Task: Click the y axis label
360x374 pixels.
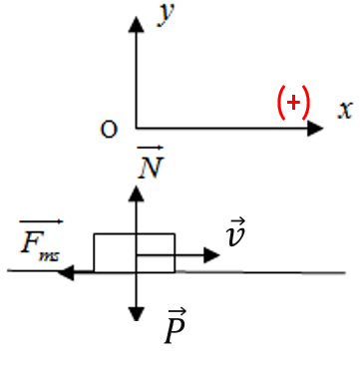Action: (x=167, y=15)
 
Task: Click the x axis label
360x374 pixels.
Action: (x=345, y=109)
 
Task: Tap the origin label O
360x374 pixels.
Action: (x=109, y=130)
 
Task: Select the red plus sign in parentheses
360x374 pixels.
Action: (x=293, y=103)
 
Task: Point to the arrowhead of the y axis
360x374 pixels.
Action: (x=136, y=24)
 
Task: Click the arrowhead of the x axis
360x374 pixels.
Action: (x=315, y=129)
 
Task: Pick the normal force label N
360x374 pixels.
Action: (x=151, y=167)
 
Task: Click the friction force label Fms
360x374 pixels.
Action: (x=40, y=245)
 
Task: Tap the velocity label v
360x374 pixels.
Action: (x=235, y=236)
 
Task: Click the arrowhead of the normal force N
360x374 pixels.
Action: (x=136, y=193)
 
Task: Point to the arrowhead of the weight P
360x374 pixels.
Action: (x=136, y=314)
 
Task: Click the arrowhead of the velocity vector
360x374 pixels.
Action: (x=211, y=255)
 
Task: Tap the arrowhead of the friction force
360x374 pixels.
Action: (x=66, y=272)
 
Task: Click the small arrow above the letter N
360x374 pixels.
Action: (x=151, y=148)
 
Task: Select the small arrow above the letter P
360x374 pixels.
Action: (x=177, y=312)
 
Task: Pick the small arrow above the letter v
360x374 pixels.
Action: (x=237, y=220)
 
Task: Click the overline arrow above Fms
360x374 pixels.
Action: (x=41, y=221)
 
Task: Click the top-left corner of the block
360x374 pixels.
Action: (x=95, y=234)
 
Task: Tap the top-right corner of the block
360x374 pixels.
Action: (x=175, y=234)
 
